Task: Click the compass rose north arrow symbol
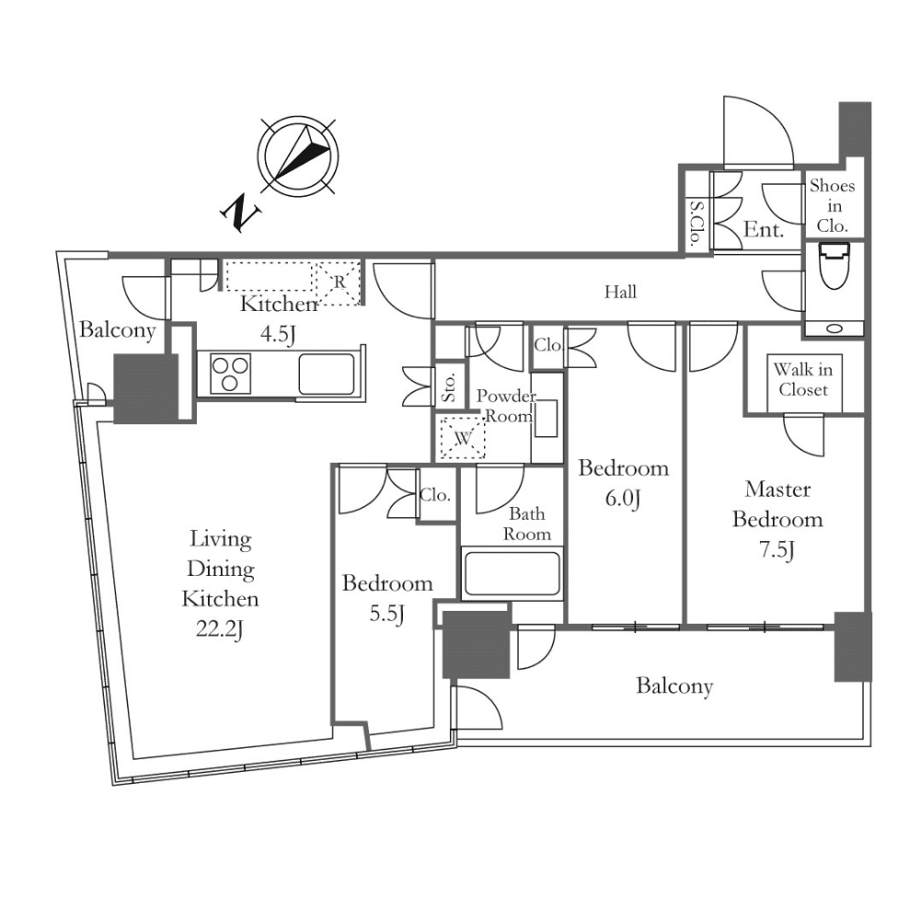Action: (298, 156)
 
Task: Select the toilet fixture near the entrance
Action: (834, 267)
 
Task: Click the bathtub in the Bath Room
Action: (512, 572)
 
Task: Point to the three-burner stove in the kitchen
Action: (231, 374)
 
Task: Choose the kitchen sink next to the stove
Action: (327, 374)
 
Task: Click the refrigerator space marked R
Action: (338, 283)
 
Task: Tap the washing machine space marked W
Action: (463, 437)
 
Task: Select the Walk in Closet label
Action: (803, 380)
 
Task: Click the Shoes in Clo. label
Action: (832, 206)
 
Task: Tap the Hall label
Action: (620, 292)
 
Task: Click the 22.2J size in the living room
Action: (220, 629)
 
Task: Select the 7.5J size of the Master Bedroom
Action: (776, 550)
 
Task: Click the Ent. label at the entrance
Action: (764, 229)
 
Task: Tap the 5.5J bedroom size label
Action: (386, 614)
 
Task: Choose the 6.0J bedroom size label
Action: (623, 499)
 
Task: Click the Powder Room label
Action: (506, 406)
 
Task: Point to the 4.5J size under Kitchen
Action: (278, 334)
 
